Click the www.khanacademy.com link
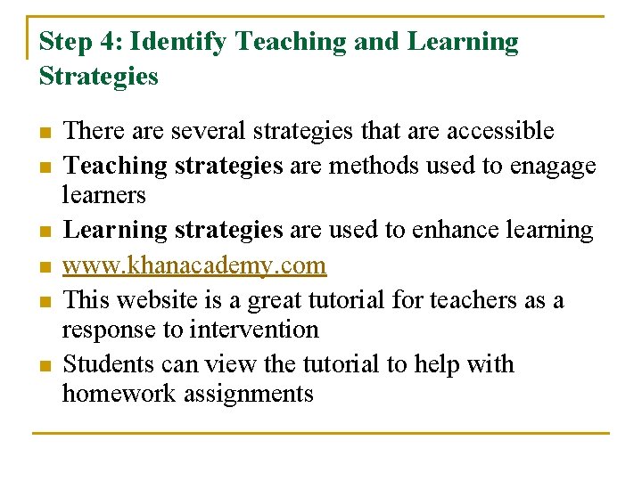pyautogui.click(x=195, y=265)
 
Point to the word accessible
pyautogui.click(x=500, y=131)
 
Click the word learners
pyautogui.click(x=103, y=194)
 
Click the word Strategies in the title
pyautogui.click(x=98, y=77)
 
